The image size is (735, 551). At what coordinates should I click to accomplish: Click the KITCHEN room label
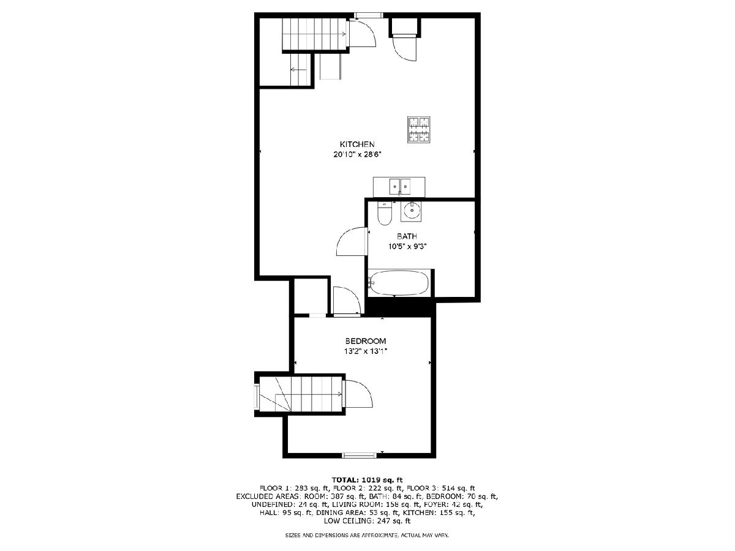(357, 144)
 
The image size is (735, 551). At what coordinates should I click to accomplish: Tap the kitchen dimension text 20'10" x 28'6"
(357, 154)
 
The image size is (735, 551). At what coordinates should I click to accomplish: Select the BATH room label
(407, 236)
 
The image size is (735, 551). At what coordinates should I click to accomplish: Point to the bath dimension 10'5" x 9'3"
(407, 247)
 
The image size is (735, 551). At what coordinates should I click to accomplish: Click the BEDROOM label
(366, 341)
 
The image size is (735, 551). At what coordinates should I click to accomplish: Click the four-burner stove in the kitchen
(418, 129)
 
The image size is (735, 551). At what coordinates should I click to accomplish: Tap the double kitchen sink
(399, 187)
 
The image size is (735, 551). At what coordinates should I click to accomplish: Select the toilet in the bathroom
(384, 213)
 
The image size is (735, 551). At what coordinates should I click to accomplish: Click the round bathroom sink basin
(411, 211)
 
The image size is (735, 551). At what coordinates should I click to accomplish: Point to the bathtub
(399, 283)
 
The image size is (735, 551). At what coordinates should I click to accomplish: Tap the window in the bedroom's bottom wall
(360, 455)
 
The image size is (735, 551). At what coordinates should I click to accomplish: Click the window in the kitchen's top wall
(368, 15)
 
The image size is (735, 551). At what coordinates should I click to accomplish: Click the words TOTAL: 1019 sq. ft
(367, 480)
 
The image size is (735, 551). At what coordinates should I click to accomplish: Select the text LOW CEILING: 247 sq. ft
(367, 521)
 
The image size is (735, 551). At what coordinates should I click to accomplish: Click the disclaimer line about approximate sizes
(367, 536)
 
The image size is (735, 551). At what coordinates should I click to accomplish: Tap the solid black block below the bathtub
(400, 307)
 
